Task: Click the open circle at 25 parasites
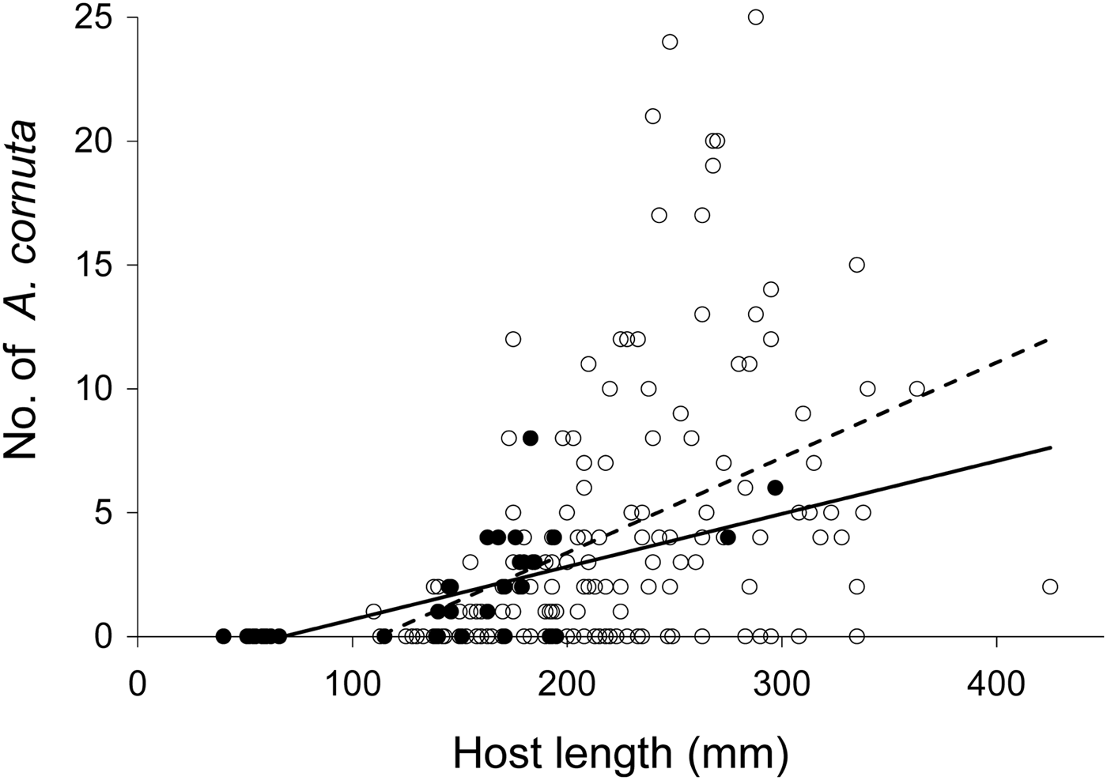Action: (756, 17)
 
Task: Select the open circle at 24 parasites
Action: (670, 42)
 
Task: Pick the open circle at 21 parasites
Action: (652, 116)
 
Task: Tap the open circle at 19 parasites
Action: (712, 165)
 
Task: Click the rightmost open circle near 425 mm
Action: (1050, 586)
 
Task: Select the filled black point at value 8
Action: (530, 438)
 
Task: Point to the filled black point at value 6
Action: (775, 488)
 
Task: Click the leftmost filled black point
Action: (223, 635)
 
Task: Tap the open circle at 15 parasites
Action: (856, 265)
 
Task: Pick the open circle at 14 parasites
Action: (771, 289)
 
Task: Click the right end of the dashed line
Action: (1050, 339)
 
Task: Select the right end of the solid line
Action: (1051, 447)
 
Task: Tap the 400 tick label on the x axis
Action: (996, 681)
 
